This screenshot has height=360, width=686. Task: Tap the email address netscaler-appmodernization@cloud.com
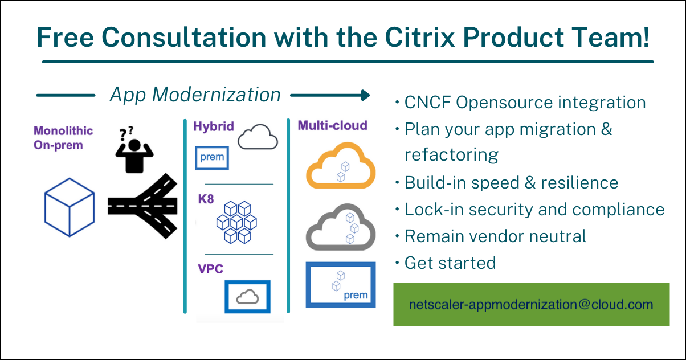[x=531, y=305]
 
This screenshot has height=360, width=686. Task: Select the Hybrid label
[x=214, y=126]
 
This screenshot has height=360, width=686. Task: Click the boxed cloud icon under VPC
[x=247, y=296]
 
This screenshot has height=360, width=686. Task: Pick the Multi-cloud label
[x=332, y=125]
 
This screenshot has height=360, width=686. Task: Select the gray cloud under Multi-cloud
[x=341, y=227]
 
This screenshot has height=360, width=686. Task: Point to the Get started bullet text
[x=450, y=263]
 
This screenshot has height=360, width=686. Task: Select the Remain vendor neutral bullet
[x=495, y=236]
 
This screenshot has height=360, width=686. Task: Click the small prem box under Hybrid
[x=212, y=157]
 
